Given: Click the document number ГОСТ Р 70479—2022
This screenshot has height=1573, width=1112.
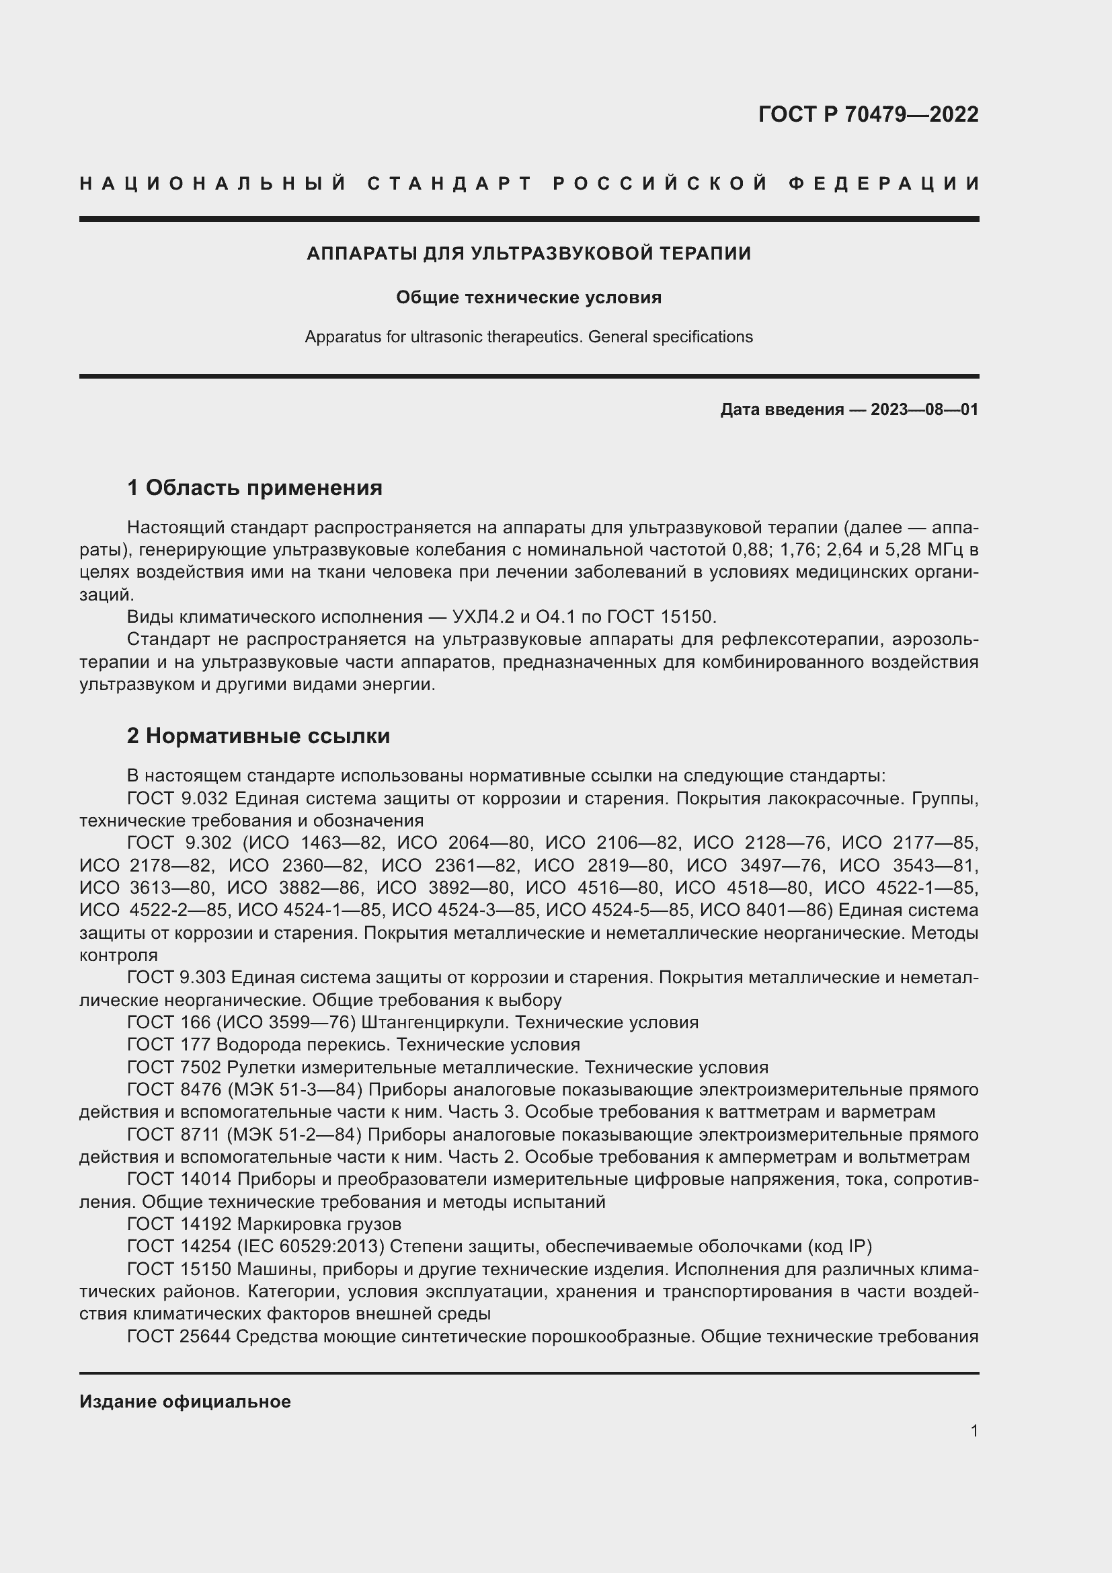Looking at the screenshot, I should tap(867, 114).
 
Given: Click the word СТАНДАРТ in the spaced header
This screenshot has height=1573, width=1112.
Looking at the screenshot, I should tap(450, 184).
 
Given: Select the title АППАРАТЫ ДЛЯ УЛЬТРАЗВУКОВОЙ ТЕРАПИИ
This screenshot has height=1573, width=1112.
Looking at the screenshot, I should tap(528, 254).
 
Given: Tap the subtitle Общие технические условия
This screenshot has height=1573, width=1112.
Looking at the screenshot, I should tap(528, 297).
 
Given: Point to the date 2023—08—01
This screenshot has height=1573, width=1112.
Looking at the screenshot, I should tap(924, 410).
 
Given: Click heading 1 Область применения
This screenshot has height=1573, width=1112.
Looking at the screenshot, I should tap(254, 488).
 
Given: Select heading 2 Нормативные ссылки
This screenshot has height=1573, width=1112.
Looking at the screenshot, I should tap(258, 736).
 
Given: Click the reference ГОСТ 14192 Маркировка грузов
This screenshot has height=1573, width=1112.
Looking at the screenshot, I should tap(264, 1223).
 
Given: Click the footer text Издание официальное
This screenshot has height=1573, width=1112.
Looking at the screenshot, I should tap(185, 1401).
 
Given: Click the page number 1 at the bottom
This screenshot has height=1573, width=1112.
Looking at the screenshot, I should tap(974, 1430).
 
